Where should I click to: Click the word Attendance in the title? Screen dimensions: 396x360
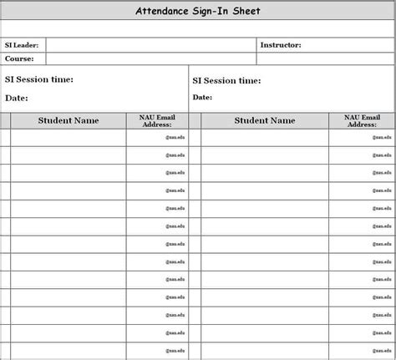tap(161, 11)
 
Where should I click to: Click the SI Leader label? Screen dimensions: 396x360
tap(22, 45)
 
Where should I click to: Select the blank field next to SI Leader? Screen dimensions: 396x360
tap(150, 45)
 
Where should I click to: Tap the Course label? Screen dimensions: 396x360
tap(18, 58)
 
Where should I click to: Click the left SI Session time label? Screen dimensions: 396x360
tap(39, 80)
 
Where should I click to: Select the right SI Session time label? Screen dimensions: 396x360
tap(226, 81)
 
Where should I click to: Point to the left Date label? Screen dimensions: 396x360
tap(17, 99)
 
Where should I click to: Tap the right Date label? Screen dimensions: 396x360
tap(202, 98)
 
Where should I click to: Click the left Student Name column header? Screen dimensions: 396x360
tap(69, 121)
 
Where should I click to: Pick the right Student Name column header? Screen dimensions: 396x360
tap(264, 121)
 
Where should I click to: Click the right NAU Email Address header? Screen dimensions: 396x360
tap(362, 121)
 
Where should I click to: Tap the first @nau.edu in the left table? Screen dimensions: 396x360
tap(174, 137)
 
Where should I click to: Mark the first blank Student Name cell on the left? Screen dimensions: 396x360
tap(69, 138)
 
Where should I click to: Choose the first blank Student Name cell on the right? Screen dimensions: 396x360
tap(264, 138)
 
